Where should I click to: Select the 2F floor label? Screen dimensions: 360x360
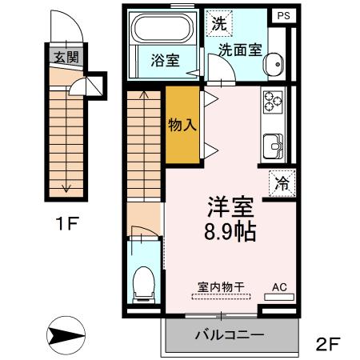coord(327,345)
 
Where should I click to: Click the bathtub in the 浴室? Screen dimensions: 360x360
coord(162,30)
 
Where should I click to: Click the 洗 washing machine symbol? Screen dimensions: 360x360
coord(218,23)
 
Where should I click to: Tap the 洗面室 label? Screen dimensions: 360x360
coord(241,48)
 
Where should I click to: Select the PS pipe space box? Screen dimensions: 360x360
coord(282,15)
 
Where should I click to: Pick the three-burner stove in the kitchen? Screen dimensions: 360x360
coord(273,102)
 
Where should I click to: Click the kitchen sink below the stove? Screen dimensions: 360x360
coord(273,146)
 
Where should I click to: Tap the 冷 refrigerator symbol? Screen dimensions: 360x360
coord(282,182)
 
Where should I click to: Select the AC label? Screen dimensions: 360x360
coord(279,286)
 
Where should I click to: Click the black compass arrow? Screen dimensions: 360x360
coord(65,334)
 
